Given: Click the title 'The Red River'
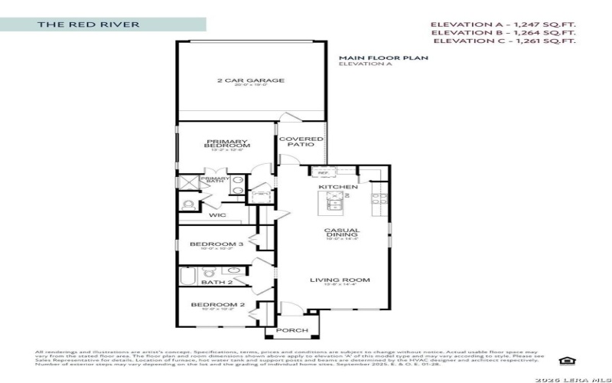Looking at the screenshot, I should [x=89, y=25].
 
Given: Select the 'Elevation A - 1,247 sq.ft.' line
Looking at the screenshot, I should [x=503, y=25].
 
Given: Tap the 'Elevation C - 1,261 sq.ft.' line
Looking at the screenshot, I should [x=503, y=42].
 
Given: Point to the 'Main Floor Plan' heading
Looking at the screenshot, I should [x=383, y=57].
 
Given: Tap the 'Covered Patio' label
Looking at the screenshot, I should [x=301, y=143].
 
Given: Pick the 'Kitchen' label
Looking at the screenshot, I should [x=338, y=187].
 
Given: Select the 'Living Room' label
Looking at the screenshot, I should [x=340, y=280].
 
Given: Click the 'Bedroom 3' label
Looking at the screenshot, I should [x=216, y=244].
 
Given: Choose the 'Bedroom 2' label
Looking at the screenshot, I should [x=216, y=305].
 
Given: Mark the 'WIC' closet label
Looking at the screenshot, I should [x=216, y=215].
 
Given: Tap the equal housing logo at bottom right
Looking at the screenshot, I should [x=567, y=360].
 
